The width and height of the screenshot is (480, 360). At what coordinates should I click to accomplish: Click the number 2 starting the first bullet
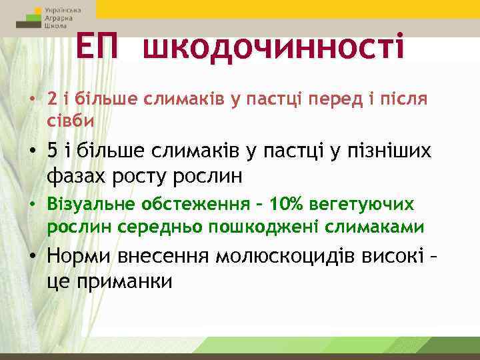click(52, 99)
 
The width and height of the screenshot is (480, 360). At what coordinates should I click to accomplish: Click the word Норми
click(78, 257)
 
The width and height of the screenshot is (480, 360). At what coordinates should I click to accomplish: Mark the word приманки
click(127, 281)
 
